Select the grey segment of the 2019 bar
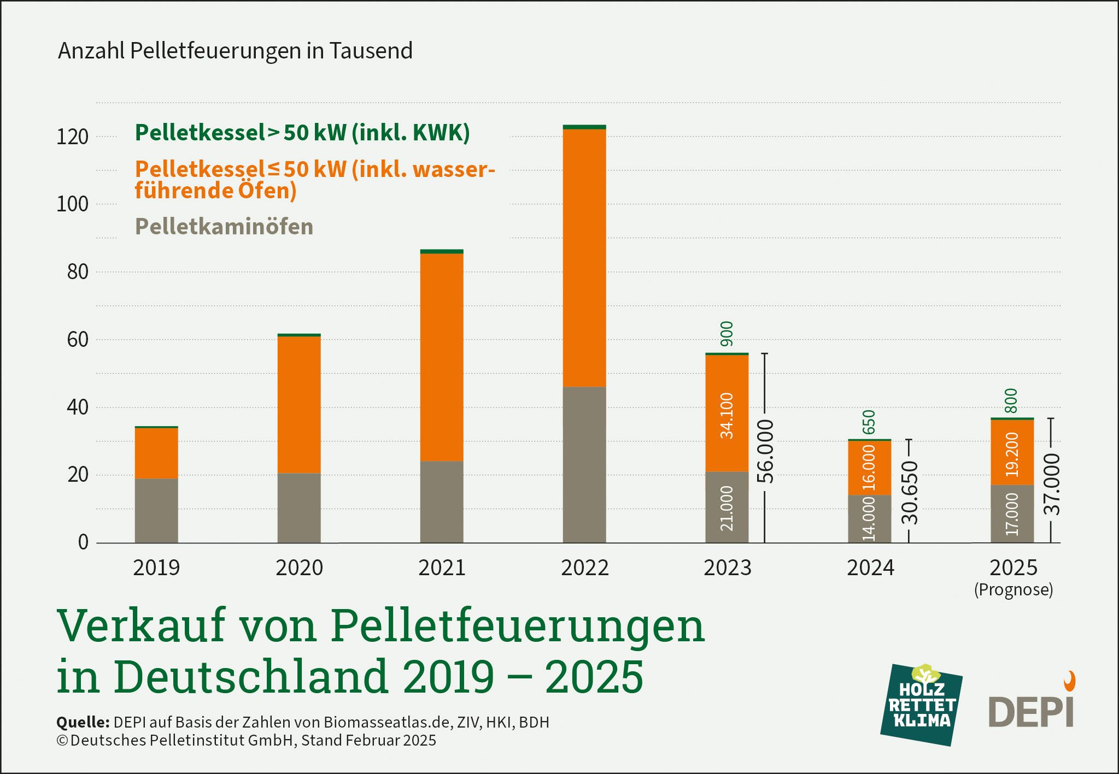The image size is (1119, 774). (x=156, y=510)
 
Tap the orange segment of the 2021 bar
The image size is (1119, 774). (x=442, y=357)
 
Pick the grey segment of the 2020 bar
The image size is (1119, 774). (x=299, y=507)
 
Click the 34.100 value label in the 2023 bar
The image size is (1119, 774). (x=727, y=416)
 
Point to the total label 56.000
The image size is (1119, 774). (x=765, y=451)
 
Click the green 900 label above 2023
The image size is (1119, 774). (x=727, y=334)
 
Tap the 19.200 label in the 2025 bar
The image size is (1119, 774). (x=1012, y=454)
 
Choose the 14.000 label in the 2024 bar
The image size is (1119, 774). (x=869, y=518)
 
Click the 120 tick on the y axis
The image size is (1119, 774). (x=72, y=137)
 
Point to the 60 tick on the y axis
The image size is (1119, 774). (x=77, y=340)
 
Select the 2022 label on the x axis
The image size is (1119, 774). (x=584, y=568)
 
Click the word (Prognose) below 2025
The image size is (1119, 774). (x=1013, y=590)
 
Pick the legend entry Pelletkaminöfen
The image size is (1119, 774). (x=224, y=227)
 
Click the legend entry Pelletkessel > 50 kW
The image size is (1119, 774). (x=302, y=133)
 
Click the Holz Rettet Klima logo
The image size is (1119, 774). (x=921, y=705)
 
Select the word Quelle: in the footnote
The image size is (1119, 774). (x=83, y=722)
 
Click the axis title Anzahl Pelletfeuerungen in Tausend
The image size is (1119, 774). (x=235, y=51)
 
